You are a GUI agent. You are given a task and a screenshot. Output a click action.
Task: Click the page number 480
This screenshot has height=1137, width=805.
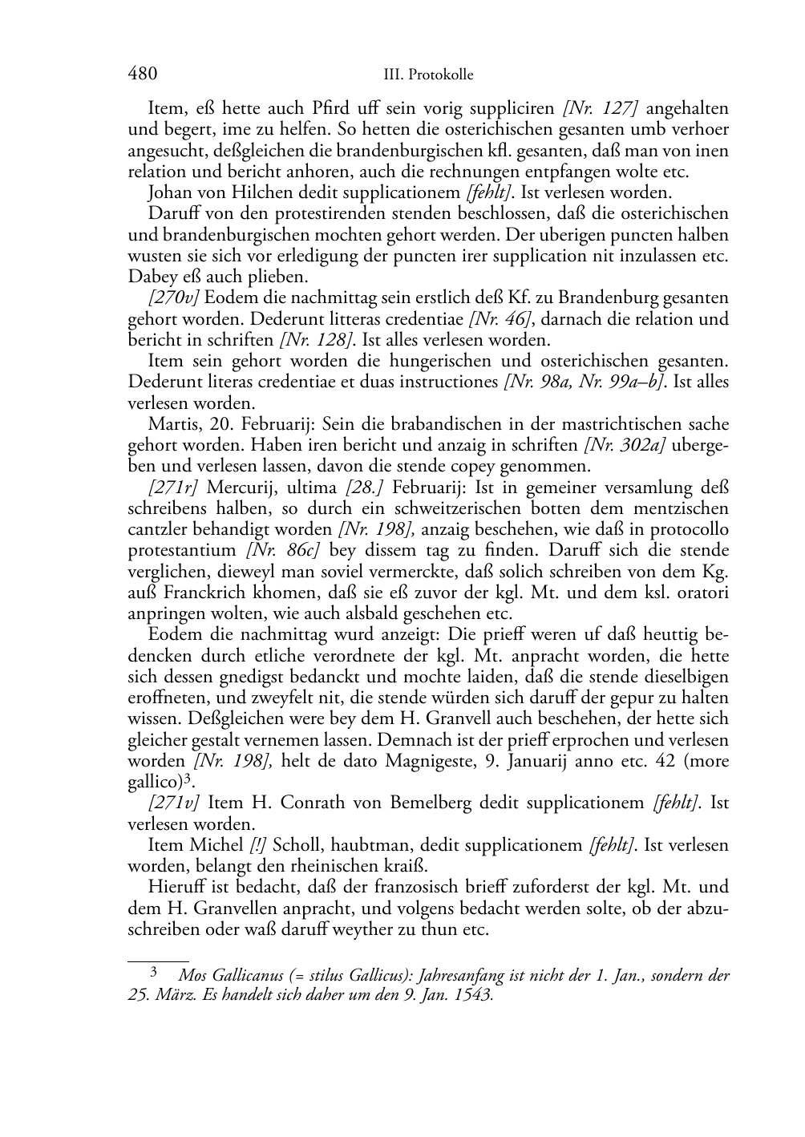point(142,74)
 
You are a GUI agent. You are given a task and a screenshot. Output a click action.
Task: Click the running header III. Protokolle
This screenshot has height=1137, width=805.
point(429,75)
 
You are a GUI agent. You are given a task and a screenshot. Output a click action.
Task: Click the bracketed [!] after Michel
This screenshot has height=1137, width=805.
point(258,845)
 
